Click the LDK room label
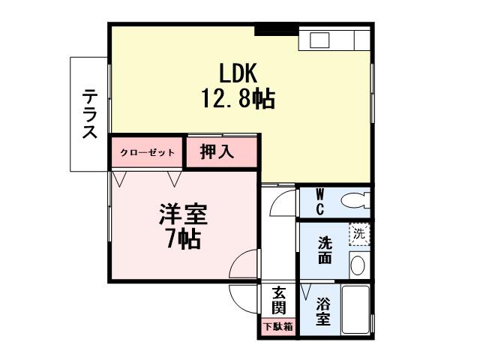point(238,73)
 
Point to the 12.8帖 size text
point(237,98)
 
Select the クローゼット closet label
point(148,152)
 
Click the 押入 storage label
point(217,151)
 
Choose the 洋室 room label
point(182,214)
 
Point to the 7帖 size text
point(182,239)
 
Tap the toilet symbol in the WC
point(353,200)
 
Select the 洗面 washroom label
point(325,250)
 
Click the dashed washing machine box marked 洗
point(360,234)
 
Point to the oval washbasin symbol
point(357,265)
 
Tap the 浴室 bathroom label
point(323,311)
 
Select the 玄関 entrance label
point(278,301)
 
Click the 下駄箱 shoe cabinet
point(278,327)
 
